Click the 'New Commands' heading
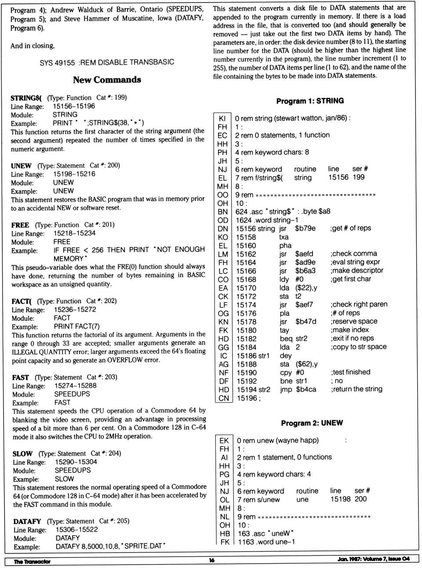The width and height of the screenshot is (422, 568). tap(107, 80)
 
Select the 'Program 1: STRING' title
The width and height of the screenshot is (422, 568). tap(310, 101)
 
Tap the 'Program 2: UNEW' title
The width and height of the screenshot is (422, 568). tap(312, 423)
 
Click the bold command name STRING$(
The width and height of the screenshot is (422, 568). tap(26, 98)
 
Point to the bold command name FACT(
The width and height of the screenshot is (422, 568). tap(22, 301)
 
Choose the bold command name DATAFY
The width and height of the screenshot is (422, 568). tap(27, 521)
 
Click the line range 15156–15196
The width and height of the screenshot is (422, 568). tap(74, 106)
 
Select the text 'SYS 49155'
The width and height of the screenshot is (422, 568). tap(57, 63)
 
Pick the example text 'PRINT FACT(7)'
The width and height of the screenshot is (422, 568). tap(76, 326)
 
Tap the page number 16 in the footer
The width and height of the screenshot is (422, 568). tap(212, 560)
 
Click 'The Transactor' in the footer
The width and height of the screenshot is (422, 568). tap(32, 561)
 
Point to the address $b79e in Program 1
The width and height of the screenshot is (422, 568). tap(305, 228)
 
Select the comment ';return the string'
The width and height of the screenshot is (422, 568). tap(357, 389)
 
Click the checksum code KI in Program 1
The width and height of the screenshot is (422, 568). tap(222, 119)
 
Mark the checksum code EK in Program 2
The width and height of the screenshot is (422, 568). tap(224, 441)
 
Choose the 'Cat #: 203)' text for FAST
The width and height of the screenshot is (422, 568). tap(102, 377)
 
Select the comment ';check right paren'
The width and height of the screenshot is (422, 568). tap(359, 304)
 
